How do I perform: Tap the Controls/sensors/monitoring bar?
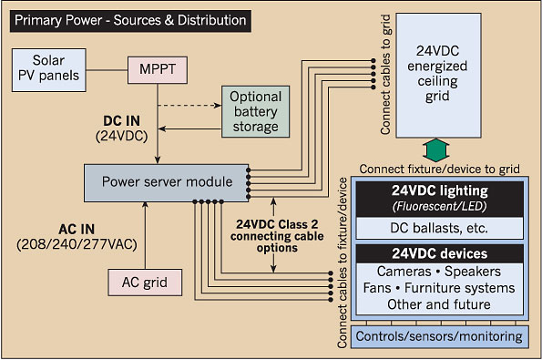439,336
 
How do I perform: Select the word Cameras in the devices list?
404,272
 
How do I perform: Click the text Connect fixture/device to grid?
440,170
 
